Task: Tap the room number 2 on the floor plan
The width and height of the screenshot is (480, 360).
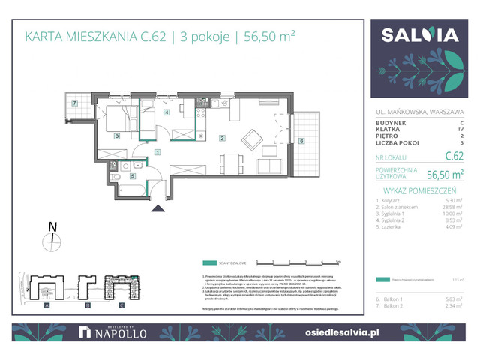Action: tap(223, 138)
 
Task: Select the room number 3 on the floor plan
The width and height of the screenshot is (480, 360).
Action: tap(117, 136)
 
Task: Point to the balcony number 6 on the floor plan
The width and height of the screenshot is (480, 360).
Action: tap(301, 140)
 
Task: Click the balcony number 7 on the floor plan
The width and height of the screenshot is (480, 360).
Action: tap(75, 103)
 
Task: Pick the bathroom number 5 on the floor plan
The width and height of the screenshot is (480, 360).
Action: tap(132, 176)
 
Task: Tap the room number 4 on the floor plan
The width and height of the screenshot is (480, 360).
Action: tap(166, 112)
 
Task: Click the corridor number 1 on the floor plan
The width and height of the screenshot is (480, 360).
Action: tap(157, 152)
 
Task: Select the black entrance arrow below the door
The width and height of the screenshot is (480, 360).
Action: tap(157, 211)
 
